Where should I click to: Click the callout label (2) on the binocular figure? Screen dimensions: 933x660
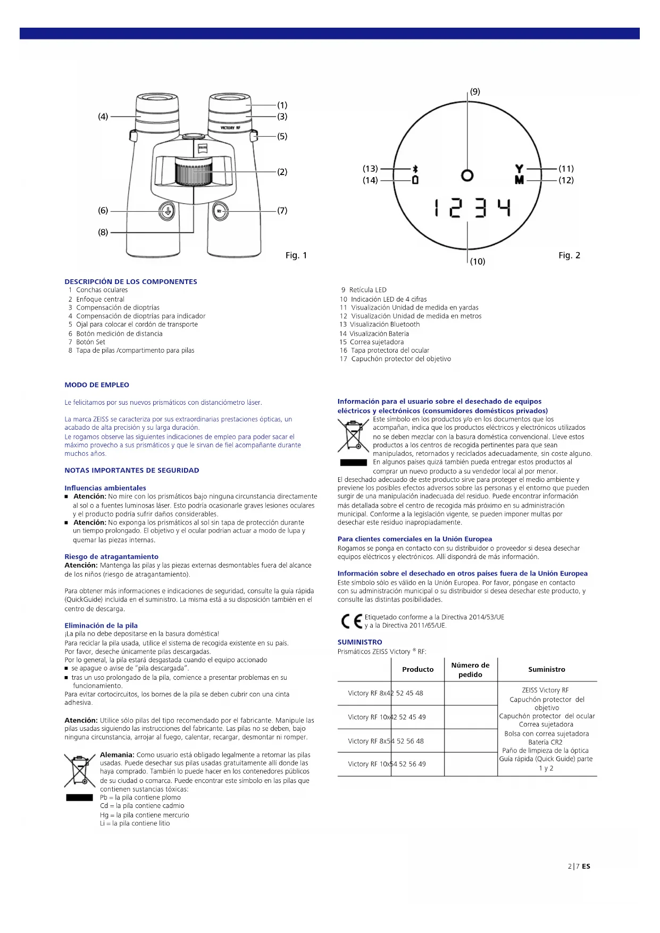282,172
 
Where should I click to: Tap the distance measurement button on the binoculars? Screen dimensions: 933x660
166,211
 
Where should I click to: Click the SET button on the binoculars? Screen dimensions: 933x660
220,211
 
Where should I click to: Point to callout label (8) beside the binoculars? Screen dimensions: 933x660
103,232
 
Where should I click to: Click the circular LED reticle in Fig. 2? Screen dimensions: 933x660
467,175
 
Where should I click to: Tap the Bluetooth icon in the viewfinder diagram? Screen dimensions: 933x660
415,169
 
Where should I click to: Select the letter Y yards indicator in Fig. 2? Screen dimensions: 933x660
519,169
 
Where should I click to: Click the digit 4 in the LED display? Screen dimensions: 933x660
504,207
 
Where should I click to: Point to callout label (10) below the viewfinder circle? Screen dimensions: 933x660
478,261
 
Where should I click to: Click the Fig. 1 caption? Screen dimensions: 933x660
296,255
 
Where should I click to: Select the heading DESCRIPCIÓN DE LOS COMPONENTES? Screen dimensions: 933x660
131,281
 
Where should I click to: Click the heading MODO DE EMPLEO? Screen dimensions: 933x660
97,385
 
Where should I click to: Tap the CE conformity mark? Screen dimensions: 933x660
352,621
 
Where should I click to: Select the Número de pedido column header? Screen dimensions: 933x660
470,670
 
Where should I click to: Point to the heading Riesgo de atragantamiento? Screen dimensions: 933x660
111,556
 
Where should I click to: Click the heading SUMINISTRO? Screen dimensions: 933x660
360,642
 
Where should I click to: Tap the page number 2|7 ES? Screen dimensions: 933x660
579,866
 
